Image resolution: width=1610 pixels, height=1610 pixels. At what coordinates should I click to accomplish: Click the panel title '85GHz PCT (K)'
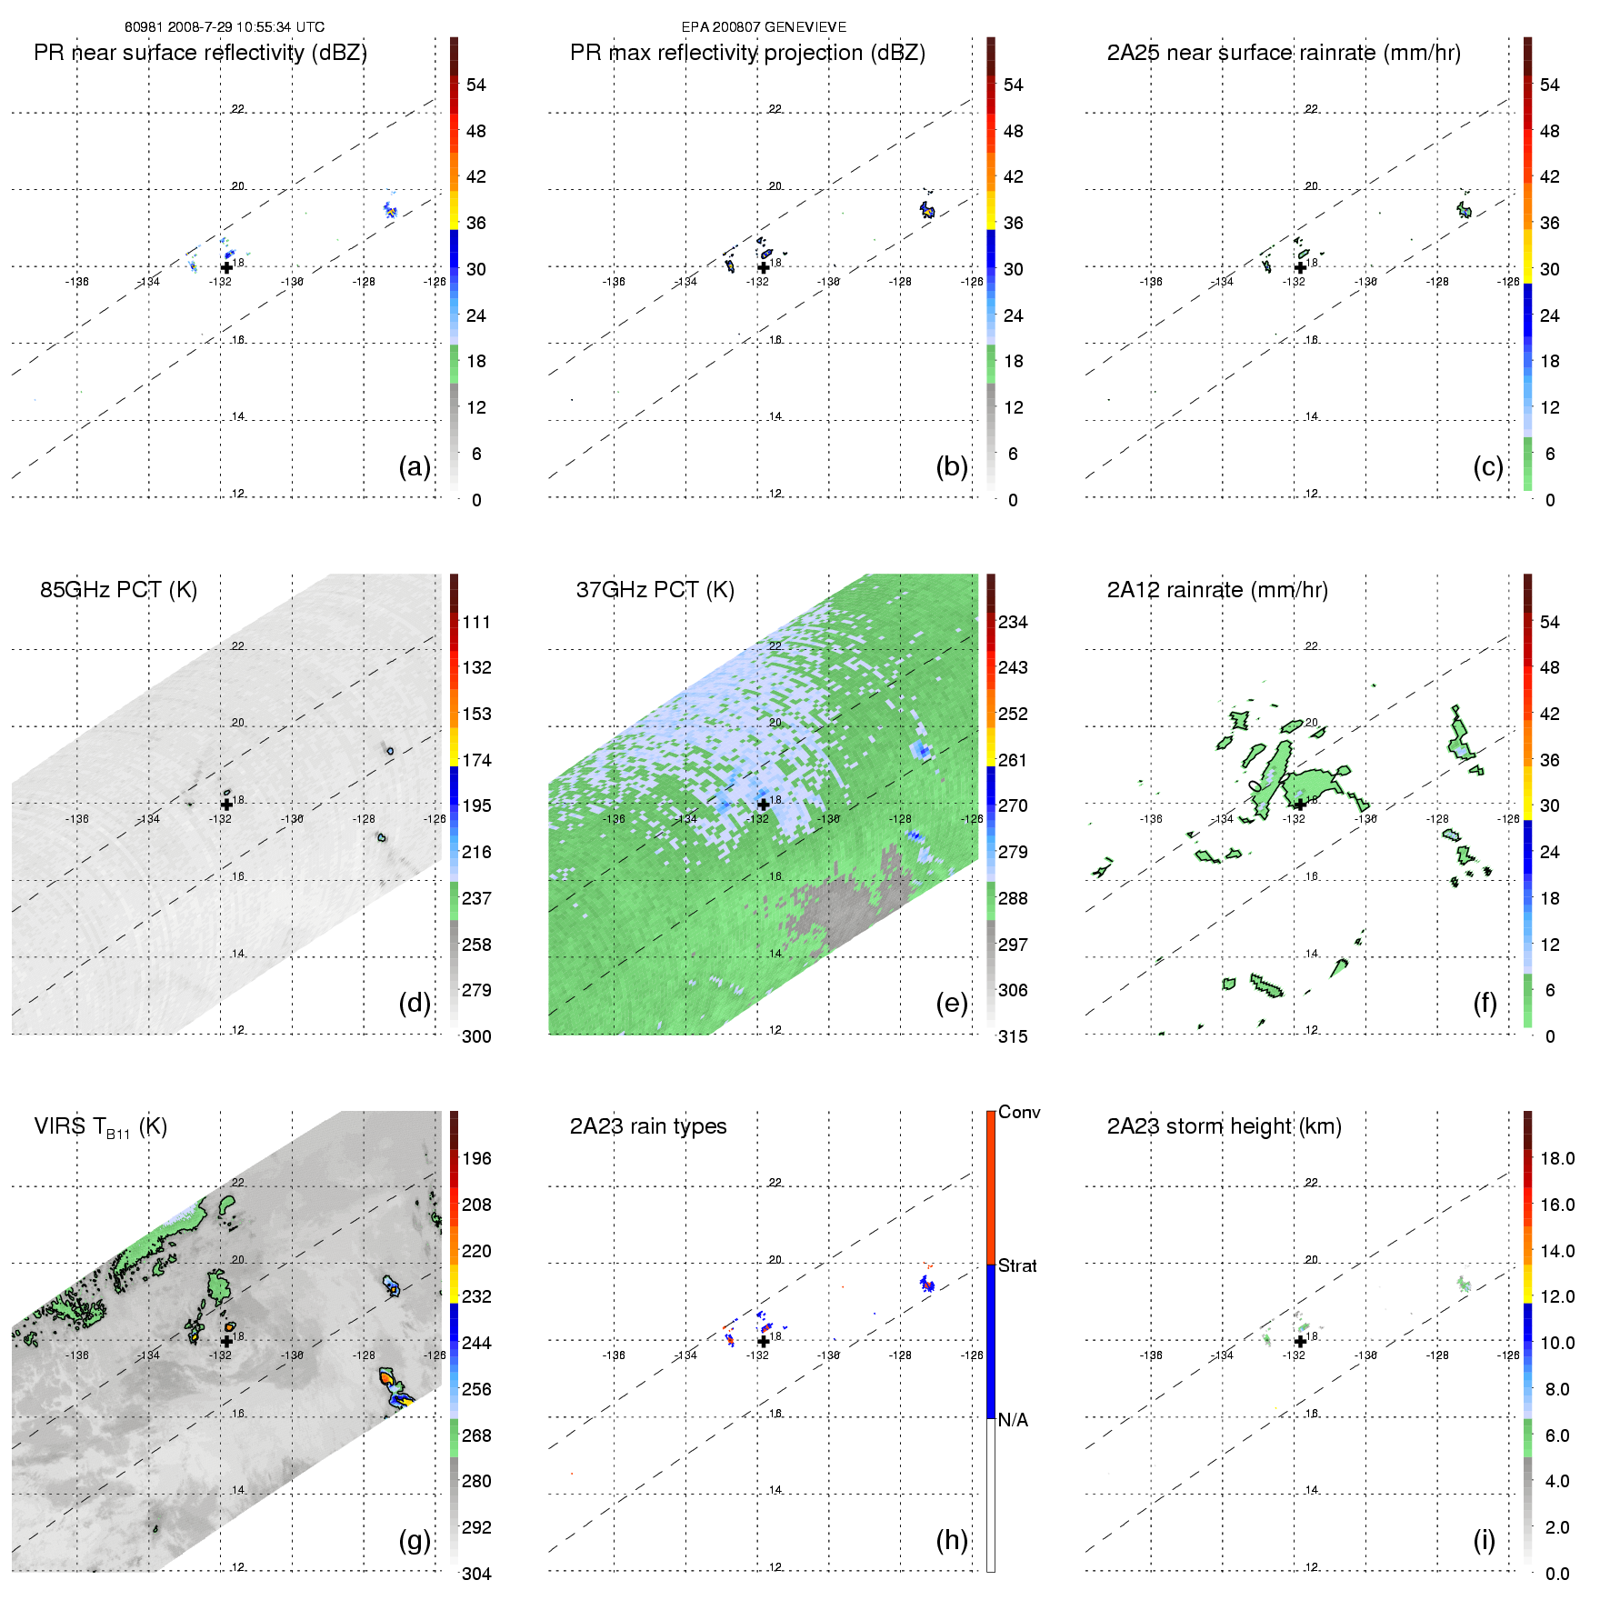118,590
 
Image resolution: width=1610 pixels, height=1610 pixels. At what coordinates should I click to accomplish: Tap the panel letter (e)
951,1003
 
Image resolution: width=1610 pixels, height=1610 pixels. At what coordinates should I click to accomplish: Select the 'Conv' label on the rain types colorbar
1018,1112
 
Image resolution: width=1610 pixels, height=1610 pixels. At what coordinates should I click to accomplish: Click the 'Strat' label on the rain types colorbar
1017,1265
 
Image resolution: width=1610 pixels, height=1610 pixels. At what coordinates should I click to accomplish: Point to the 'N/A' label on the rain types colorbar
1013,1420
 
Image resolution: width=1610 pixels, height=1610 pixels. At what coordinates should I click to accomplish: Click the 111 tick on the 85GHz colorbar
476,622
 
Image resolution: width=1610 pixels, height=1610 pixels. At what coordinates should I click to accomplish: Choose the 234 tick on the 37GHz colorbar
1013,622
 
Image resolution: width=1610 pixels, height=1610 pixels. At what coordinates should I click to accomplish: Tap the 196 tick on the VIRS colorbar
476,1158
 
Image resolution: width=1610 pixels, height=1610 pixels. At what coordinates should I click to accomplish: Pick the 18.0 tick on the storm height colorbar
1556,1158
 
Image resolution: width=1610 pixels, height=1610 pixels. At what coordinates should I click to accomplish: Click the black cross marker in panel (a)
226,267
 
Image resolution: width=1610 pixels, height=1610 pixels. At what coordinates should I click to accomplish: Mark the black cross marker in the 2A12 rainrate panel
1300,804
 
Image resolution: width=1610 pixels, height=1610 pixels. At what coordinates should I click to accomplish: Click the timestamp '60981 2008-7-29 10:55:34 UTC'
225,27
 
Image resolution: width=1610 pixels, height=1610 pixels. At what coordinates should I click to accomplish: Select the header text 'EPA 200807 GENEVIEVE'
764,27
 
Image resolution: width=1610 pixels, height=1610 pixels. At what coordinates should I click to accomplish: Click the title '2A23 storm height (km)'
1224,1126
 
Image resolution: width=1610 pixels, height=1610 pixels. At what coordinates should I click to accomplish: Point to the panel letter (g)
415,1539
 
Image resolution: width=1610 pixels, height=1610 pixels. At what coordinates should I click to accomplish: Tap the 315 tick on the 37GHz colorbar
1013,1036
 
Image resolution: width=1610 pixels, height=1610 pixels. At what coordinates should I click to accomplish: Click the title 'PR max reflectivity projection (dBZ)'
747,53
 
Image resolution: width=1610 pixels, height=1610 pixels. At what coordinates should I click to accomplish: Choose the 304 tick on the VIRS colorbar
476,1574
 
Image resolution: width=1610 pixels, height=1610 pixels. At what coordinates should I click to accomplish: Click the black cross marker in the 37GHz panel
764,804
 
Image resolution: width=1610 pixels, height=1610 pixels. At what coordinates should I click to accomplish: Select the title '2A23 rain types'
648,1126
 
